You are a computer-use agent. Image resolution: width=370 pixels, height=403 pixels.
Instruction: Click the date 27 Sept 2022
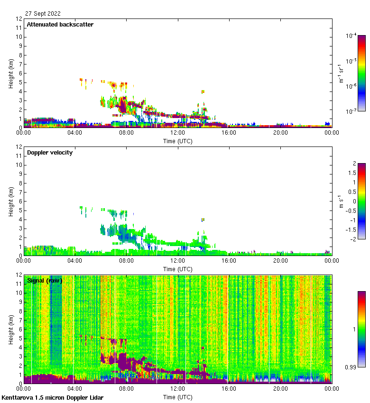pos(43,14)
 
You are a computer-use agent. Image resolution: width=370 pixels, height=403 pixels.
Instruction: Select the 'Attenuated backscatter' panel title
pos(60,25)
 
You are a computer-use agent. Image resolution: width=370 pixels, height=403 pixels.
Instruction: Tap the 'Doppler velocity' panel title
pos(50,153)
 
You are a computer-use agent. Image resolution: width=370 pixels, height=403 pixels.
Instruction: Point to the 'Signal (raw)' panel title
pos(45,281)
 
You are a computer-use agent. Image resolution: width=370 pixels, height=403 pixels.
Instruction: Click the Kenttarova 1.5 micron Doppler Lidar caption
pos(52,398)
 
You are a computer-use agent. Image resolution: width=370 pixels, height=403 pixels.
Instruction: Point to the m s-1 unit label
pos(340,201)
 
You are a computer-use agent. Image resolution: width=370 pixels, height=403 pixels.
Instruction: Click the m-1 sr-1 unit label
pos(340,73)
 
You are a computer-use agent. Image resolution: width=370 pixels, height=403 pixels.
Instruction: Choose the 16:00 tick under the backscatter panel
pos(229,133)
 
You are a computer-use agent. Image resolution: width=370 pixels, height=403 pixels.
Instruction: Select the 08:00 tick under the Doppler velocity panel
pos(126,261)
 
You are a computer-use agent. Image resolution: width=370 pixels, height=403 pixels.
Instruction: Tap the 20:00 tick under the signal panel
pos(280,389)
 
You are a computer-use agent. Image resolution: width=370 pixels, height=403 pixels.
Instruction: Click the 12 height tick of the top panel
pos(19,19)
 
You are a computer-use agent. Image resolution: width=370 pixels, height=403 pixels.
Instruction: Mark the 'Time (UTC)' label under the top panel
pos(178,141)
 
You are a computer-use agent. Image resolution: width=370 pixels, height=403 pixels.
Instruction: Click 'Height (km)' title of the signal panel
pos(11,330)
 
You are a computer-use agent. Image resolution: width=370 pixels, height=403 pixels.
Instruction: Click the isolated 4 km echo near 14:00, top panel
pos(203,92)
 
